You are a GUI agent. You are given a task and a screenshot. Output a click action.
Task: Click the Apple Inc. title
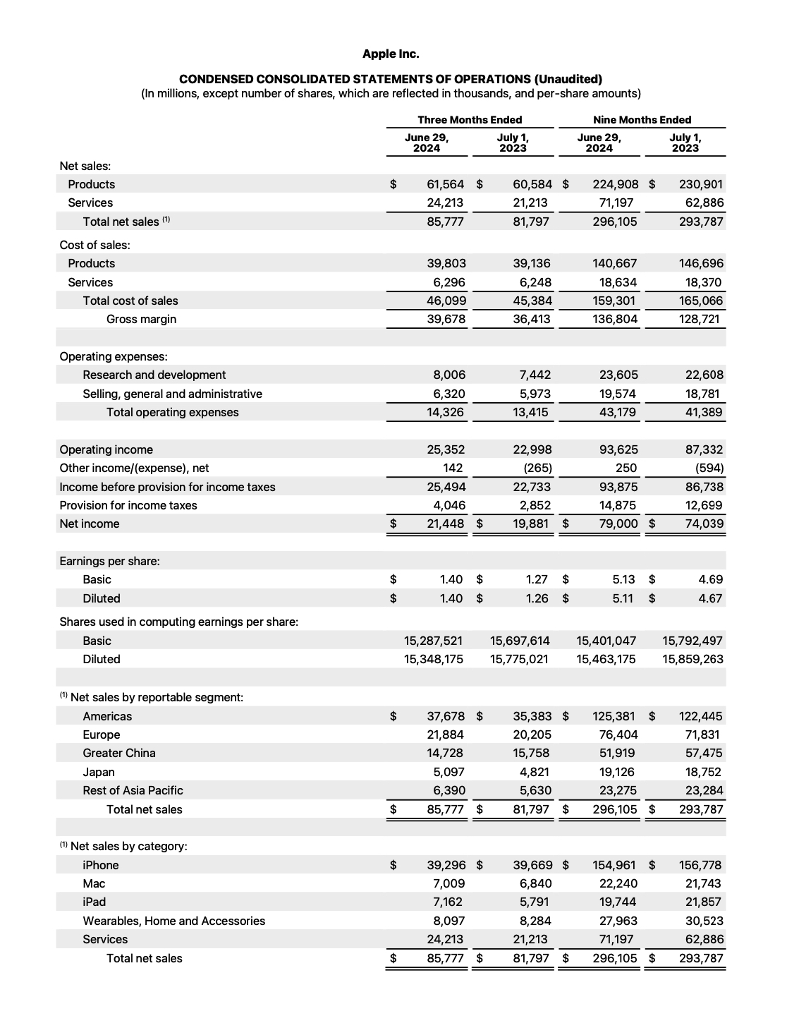point(390,54)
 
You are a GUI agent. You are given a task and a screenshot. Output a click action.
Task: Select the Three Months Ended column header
point(470,120)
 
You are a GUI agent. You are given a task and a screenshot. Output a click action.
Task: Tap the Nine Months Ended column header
point(642,120)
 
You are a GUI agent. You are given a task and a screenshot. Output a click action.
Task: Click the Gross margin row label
point(141,319)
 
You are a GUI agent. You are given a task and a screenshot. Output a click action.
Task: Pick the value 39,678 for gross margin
point(446,319)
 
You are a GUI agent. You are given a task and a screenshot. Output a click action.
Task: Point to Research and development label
point(154,375)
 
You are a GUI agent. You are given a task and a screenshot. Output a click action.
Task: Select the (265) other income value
point(537,468)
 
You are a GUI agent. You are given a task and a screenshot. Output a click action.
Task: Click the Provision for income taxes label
point(128,505)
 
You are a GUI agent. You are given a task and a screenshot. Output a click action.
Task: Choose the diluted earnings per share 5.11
point(623,598)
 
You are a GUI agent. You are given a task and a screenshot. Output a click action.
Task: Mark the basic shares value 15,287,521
point(433,641)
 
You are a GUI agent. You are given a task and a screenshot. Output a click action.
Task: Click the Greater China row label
point(119,753)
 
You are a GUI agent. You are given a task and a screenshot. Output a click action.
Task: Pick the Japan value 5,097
point(449,772)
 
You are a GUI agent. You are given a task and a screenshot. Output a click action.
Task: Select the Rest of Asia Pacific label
point(133,790)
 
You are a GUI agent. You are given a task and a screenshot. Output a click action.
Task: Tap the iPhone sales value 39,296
point(446,865)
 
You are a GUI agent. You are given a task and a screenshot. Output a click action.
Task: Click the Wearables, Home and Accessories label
point(173,921)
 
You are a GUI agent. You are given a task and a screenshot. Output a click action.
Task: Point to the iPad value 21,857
point(704,902)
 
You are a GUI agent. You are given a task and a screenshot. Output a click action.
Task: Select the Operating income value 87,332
point(704,449)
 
